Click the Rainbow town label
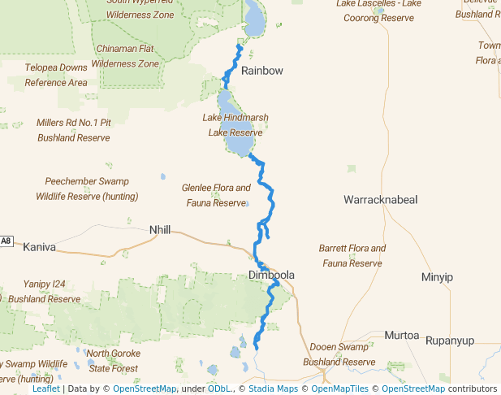point(261,71)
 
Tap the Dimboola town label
point(271,276)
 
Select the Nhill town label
point(160,230)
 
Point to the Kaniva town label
point(40,246)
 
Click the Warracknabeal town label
point(379,199)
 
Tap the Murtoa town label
point(400,335)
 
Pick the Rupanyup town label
point(455,335)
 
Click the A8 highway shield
point(6,241)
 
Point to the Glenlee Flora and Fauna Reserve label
point(215,195)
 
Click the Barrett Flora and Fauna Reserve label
point(352,255)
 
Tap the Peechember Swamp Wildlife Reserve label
point(86,189)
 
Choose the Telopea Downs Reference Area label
point(56,76)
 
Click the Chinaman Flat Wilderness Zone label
point(125,56)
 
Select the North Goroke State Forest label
point(114,361)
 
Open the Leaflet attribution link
point(45,388)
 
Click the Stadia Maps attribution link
point(271,388)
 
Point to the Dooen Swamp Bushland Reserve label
point(339,354)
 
